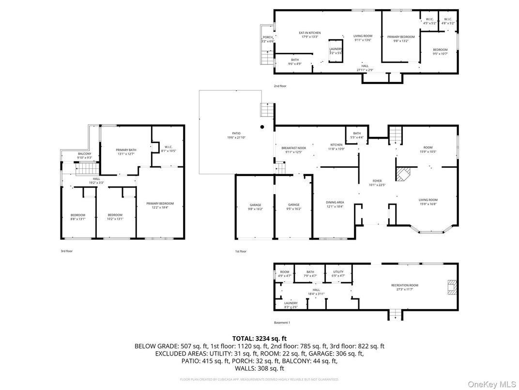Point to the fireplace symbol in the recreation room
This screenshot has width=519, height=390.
[452, 287]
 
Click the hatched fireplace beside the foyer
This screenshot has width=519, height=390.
[403, 174]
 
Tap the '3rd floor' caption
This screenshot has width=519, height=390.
[66, 251]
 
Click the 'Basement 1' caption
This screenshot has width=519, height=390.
[282, 323]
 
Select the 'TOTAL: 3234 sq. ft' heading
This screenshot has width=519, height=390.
[259, 338]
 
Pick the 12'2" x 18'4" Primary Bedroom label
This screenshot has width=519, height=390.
[160, 206]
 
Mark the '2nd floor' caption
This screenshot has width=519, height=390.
[280, 86]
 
